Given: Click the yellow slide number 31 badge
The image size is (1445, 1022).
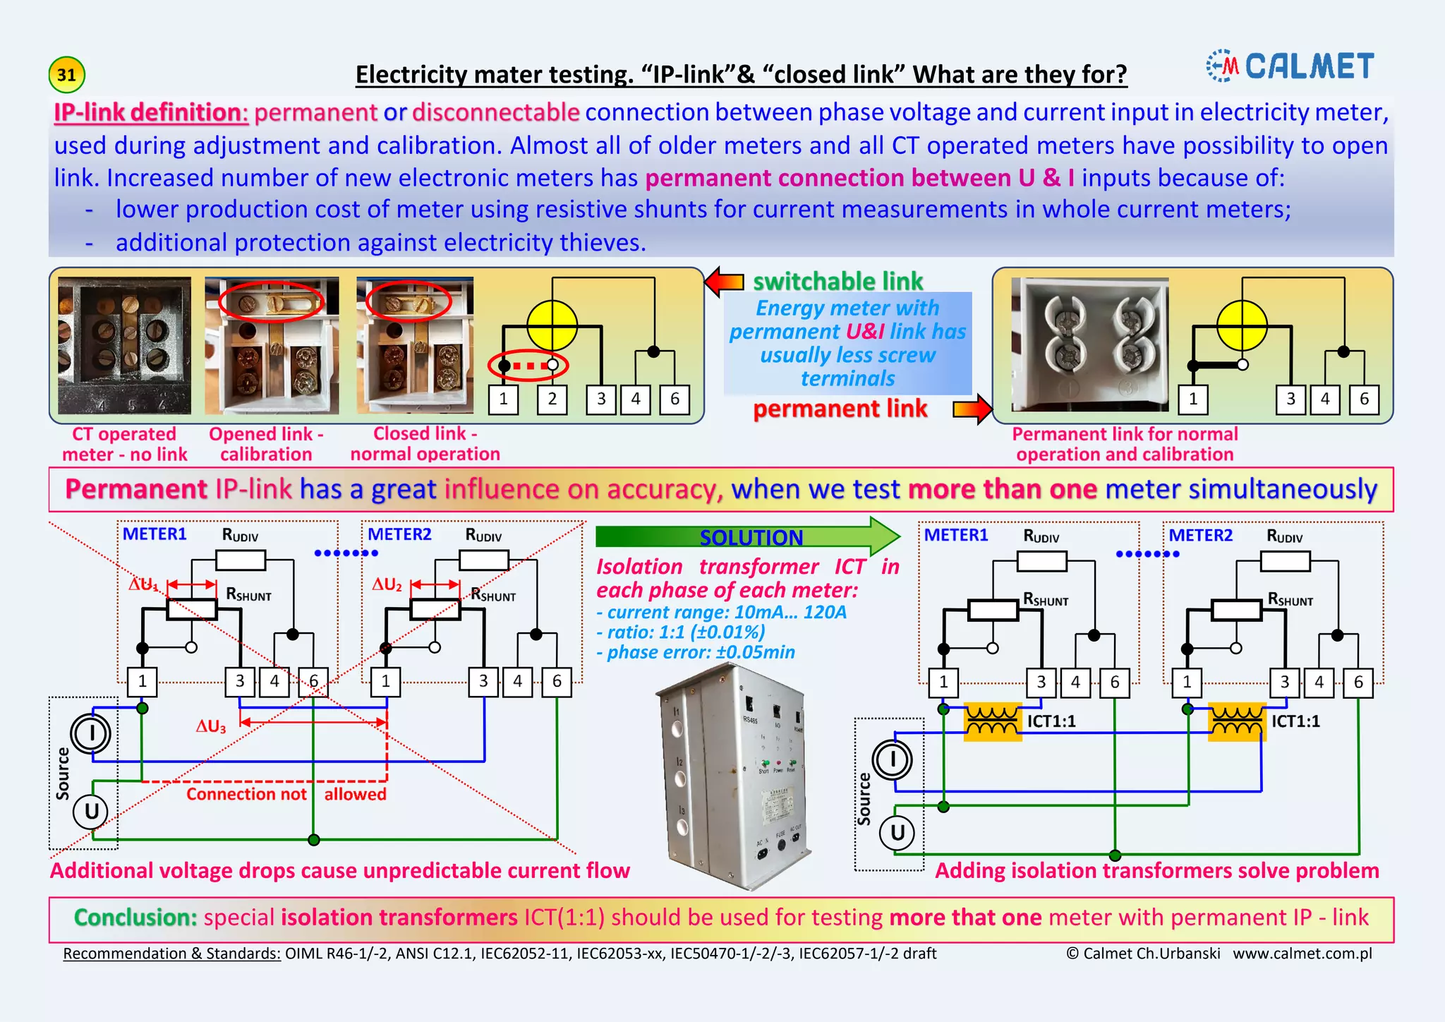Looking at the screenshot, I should point(66,75).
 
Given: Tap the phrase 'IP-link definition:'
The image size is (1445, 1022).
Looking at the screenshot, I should point(151,112).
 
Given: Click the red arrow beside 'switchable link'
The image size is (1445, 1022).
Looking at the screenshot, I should point(725,282).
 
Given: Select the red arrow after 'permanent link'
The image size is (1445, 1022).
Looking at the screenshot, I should point(972,409).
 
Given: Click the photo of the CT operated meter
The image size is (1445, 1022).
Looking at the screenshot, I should point(124,345).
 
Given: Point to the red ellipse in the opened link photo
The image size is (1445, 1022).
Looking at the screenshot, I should point(271,303).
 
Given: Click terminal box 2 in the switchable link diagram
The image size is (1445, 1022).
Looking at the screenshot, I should point(552,399).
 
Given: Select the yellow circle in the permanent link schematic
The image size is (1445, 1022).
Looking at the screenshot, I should point(1242,325).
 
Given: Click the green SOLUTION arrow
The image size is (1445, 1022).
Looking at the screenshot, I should point(748,536).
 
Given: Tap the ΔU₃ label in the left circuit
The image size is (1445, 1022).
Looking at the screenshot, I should point(211,726).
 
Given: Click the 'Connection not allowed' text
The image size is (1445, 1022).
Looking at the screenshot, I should point(286,794).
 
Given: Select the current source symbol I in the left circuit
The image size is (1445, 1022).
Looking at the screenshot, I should point(91,733).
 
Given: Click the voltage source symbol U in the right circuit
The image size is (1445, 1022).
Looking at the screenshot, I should point(897,833).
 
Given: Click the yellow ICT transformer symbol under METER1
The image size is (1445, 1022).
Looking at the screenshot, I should point(993,721).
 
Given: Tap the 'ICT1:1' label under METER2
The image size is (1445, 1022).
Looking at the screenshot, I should point(1295,721).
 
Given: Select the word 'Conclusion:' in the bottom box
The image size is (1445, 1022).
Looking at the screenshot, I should point(135,918).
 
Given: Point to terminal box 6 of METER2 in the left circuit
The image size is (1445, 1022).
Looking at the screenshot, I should point(557,682).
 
